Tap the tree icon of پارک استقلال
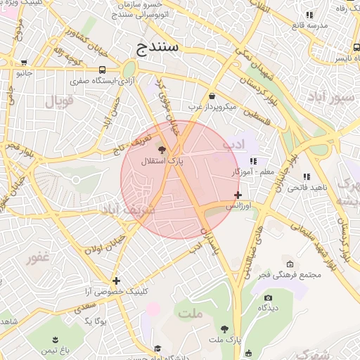pyautogui.click(x=162, y=150)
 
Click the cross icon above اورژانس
pyautogui.click(x=238, y=195)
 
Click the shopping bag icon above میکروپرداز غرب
pyautogui.click(x=212, y=96)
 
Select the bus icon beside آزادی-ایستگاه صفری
pyautogui.click(x=103, y=70)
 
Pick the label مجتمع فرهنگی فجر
pyautogui.click(x=290, y=274)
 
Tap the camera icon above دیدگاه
pyautogui.click(x=268, y=298)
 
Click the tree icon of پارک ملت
pyautogui.click(x=224, y=328)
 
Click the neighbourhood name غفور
pyautogui.click(x=39, y=258)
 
